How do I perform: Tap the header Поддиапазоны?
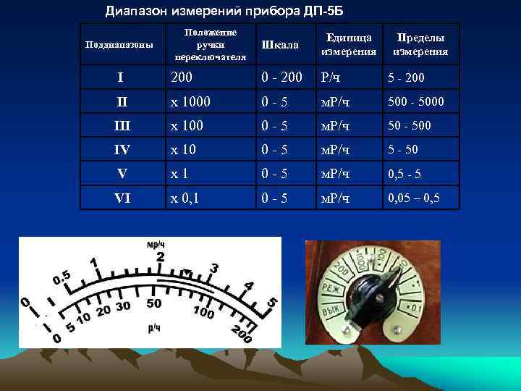[x=119, y=45]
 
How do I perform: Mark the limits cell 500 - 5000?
[x=416, y=102]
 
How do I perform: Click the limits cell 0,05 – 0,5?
[x=414, y=197]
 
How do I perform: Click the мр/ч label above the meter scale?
[x=155, y=245]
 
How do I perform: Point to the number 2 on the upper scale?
[x=160, y=257]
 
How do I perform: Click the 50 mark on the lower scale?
[x=153, y=303]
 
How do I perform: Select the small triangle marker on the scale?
[x=187, y=273]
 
